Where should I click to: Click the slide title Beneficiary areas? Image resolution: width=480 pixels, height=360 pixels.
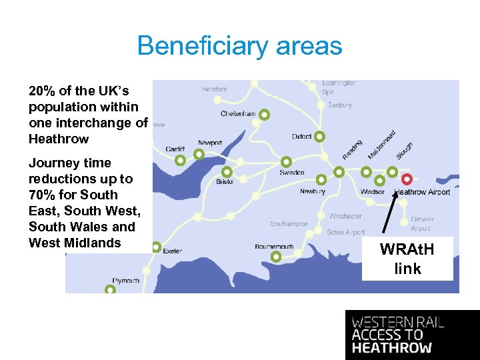(239, 46)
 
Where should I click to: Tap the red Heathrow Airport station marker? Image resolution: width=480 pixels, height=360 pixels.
(407, 179)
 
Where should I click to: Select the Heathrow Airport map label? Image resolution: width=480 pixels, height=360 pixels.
(423, 192)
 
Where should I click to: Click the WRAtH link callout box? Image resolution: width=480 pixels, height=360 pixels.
(407, 259)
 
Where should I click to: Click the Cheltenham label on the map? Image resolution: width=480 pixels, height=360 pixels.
(238, 114)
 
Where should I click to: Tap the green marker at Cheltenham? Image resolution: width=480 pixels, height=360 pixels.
(265, 115)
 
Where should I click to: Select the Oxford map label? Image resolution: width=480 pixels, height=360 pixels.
(301, 137)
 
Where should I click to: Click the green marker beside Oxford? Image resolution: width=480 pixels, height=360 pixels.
(319, 137)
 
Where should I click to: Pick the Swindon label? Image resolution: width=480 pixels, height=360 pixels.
(292, 173)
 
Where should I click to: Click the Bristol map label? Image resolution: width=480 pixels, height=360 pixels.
(225, 181)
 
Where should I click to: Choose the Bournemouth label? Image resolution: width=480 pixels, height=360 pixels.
(274, 247)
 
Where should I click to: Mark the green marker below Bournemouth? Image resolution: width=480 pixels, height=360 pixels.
(275, 257)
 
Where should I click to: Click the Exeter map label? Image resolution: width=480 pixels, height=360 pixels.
(172, 251)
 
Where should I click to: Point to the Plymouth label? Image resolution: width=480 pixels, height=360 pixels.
(126, 281)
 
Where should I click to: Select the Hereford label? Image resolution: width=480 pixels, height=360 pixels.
(215, 89)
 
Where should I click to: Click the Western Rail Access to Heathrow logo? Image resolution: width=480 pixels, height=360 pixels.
(412, 335)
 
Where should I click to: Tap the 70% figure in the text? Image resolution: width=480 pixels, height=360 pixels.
(41, 195)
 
